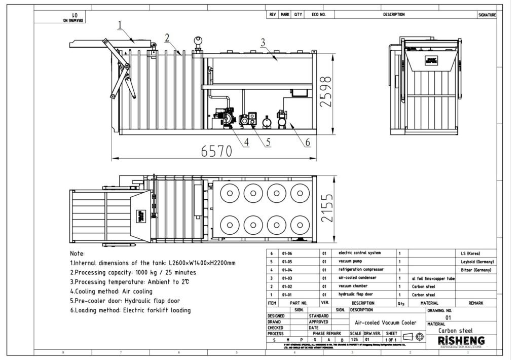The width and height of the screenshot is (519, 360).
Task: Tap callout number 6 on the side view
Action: (307, 142)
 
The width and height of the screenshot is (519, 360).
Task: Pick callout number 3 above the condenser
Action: (263, 43)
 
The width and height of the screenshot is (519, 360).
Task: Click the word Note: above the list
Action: (78, 253)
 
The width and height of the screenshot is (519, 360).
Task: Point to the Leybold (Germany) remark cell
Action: (476, 262)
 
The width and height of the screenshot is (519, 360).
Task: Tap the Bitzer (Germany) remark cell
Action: (476, 270)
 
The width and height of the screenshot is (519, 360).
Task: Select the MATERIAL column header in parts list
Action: (426, 303)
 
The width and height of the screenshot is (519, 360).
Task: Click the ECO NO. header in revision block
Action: (319, 14)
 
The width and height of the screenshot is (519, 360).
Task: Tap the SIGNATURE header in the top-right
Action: (487, 15)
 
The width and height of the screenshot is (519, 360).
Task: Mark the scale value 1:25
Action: (354, 340)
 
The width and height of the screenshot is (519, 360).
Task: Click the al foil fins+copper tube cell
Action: (433, 278)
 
